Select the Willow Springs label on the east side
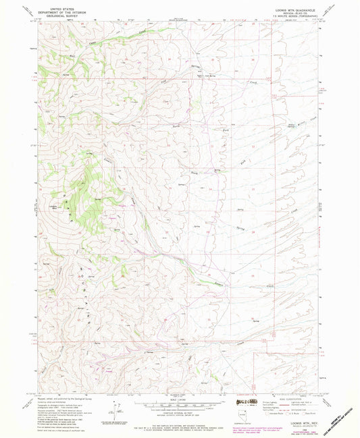coord(292,124)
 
